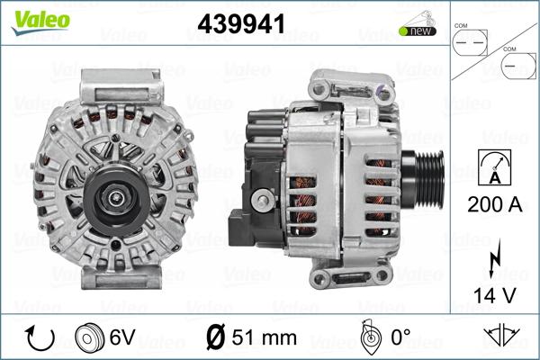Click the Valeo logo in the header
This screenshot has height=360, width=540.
40,22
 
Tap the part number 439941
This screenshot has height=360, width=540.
241,24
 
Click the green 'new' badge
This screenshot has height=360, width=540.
418,31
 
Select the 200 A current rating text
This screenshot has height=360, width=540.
494,204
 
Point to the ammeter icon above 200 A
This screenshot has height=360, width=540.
494,167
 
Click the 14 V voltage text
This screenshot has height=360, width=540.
494,295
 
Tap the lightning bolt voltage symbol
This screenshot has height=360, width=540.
494,258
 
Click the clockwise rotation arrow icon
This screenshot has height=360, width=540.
40,338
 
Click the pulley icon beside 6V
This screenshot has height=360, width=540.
89,337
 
